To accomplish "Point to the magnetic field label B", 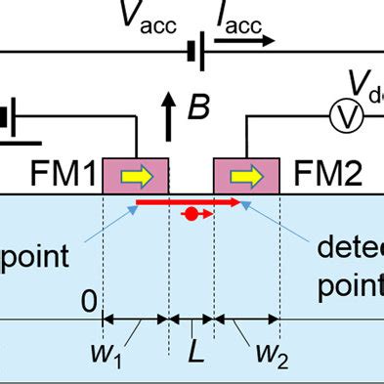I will pos(198,107).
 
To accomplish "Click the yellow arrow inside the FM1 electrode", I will pos(137,175).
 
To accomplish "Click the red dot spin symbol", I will pos(192,214).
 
